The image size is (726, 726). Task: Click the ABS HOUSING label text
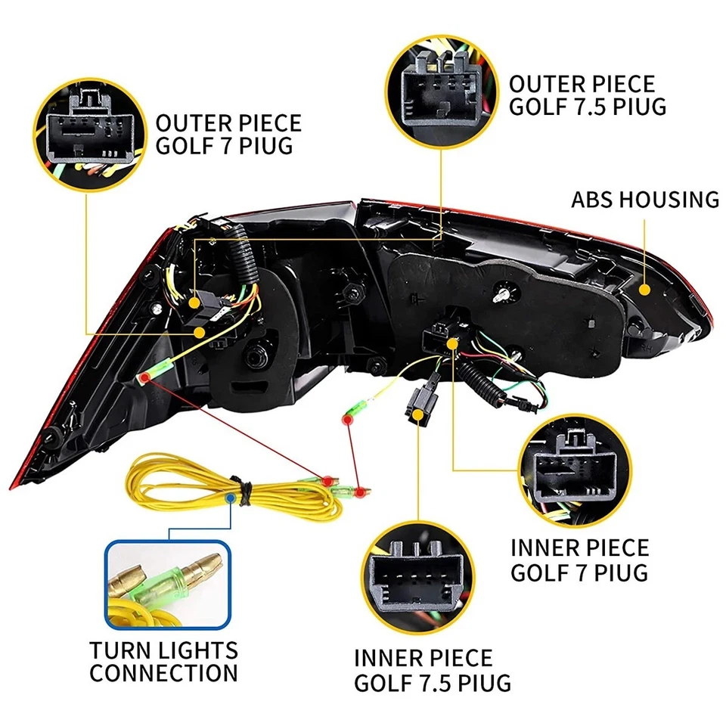point(645,200)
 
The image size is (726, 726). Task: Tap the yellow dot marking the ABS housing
point(645,289)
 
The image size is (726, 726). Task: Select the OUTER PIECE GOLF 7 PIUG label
point(228,134)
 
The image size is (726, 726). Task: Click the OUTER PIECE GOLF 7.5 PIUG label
point(588,94)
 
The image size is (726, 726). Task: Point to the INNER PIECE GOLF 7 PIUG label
point(579,559)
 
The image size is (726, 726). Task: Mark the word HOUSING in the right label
point(669,200)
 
